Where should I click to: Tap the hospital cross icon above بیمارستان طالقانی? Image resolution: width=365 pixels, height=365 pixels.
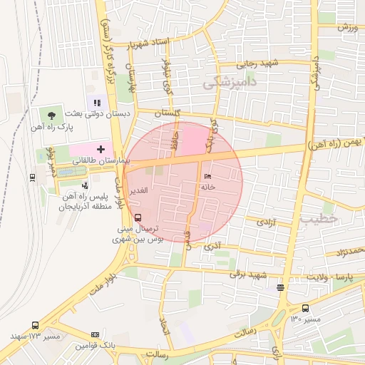tap(101, 149)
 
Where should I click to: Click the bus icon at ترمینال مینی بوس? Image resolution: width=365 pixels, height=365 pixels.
tap(138, 217)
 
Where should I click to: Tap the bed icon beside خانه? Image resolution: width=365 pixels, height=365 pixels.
tap(207, 176)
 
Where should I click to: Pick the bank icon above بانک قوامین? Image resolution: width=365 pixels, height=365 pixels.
tap(95, 334)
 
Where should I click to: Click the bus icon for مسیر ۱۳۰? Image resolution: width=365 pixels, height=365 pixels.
tap(305, 309)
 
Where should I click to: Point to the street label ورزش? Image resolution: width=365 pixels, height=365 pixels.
tap(347, 28)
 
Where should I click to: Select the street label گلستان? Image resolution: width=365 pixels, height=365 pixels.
tap(168, 114)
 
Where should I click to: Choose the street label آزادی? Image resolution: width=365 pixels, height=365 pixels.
tap(265, 223)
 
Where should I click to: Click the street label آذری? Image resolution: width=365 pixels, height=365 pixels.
tap(212, 246)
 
